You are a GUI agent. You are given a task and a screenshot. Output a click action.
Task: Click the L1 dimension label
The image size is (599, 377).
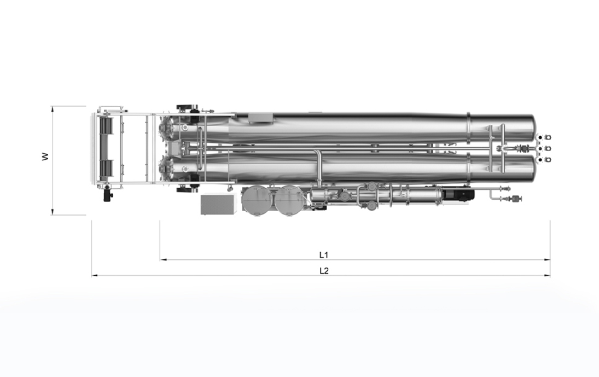click(x=324, y=254)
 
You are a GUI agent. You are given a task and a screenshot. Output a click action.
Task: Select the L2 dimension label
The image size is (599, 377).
click(x=324, y=270)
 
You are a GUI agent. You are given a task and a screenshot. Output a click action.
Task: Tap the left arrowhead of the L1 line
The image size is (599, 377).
click(x=162, y=260)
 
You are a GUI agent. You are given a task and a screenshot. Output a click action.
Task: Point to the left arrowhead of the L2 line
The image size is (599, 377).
click(x=94, y=275)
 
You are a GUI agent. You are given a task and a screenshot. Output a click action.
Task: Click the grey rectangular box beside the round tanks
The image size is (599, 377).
click(x=216, y=204)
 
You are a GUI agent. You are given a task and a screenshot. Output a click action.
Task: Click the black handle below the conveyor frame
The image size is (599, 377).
click(x=108, y=194)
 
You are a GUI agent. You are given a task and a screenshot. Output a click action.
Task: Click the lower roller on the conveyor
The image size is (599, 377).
click(x=106, y=169)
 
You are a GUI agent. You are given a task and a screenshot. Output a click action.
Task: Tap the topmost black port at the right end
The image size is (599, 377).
click(x=540, y=137)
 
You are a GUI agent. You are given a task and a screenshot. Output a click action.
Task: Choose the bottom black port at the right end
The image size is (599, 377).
click(x=540, y=160)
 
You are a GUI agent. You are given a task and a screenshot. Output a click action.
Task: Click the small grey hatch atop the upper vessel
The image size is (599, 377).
click(x=260, y=118)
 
